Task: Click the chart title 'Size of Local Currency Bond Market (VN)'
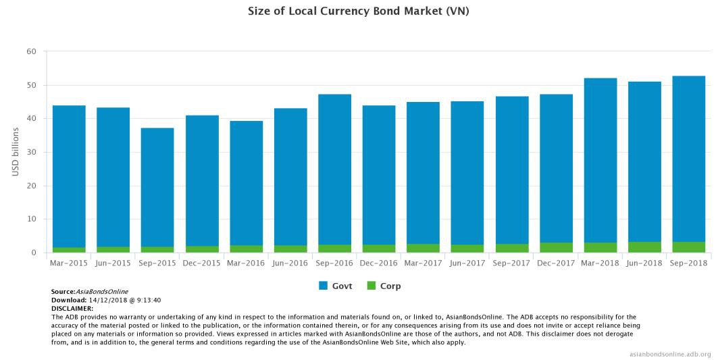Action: [x=359, y=12]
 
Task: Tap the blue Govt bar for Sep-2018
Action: [x=689, y=159]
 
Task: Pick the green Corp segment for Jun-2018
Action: [x=644, y=247]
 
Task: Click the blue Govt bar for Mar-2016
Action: [x=246, y=183]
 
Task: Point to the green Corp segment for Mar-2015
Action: [x=69, y=250]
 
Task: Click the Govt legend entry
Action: [x=335, y=286]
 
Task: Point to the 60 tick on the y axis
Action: [x=32, y=51]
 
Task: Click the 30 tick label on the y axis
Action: [x=32, y=152]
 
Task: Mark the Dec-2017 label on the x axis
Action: [x=556, y=262]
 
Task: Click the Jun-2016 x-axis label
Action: [x=290, y=262]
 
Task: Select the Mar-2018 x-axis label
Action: [x=600, y=262]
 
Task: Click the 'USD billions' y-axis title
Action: [x=16, y=151]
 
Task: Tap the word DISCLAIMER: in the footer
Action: [x=72, y=308]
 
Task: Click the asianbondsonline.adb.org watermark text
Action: [x=669, y=354]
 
